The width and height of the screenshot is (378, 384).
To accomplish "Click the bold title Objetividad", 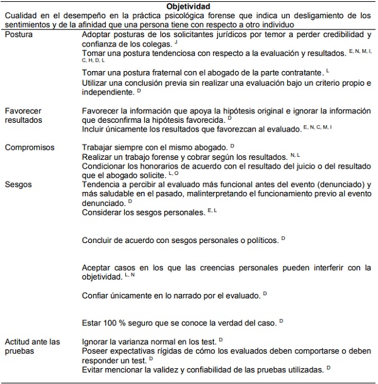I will (188, 6).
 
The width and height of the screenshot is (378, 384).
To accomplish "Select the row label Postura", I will (19, 34).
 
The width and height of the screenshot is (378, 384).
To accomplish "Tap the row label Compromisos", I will (29, 147).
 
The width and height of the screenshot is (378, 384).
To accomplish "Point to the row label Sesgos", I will (18, 184).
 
